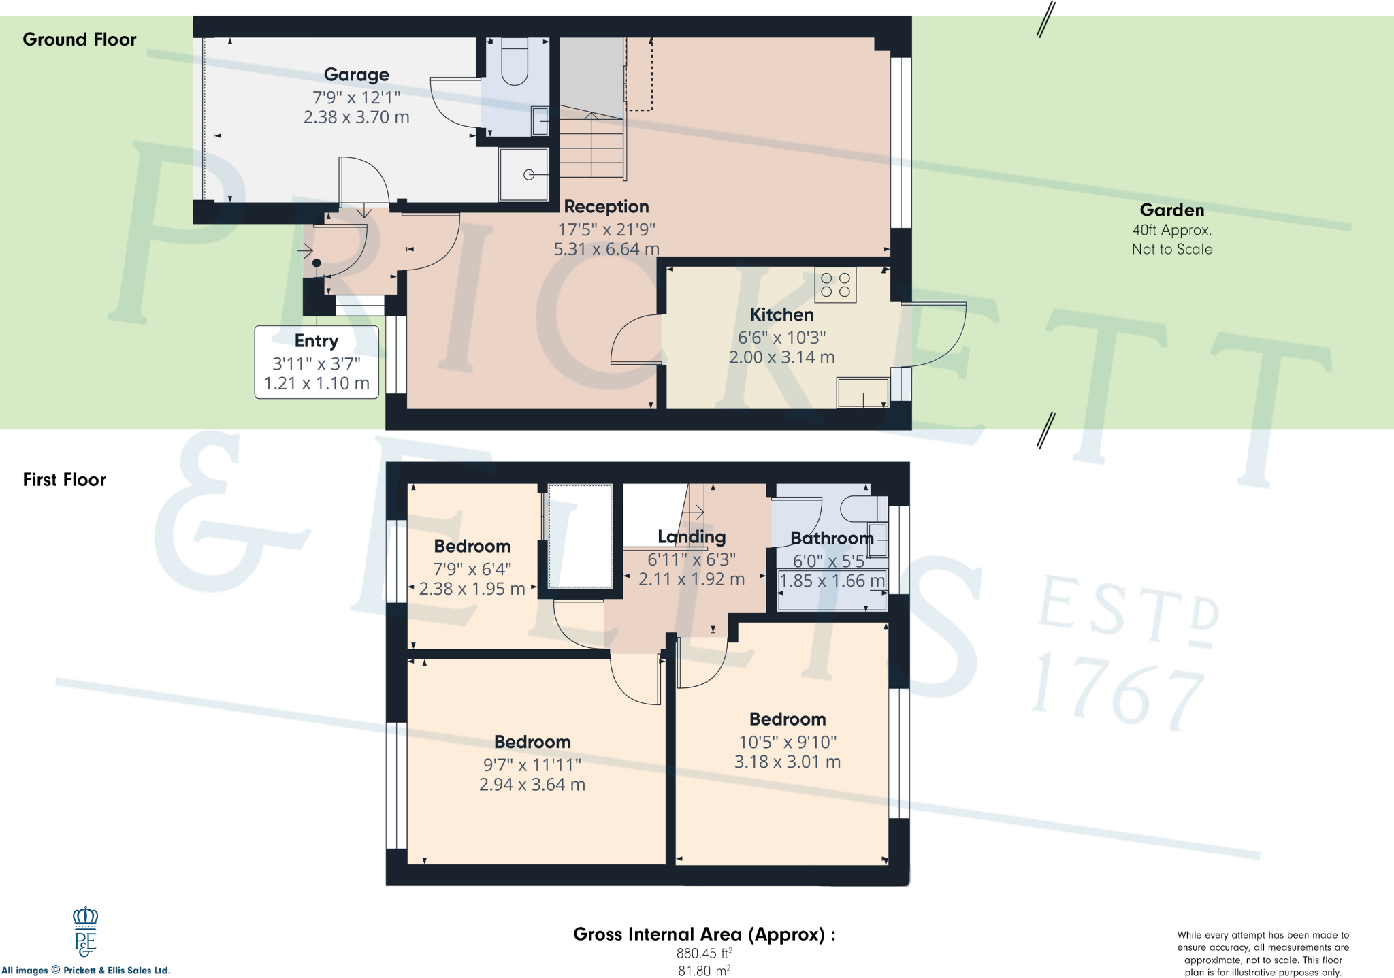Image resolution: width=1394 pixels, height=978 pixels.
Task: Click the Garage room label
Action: coord(356,74)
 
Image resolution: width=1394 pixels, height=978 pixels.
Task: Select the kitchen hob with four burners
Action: coord(835,284)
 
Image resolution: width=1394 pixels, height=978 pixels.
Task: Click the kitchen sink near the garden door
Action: coord(862,393)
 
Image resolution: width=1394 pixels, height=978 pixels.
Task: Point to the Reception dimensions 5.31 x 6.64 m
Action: coord(606,249)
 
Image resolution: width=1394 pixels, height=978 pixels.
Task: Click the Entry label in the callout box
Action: coord(316,340)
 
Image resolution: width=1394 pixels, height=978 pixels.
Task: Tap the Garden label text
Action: coord(1171,210)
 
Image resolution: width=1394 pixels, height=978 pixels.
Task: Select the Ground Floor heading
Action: coord(79,39)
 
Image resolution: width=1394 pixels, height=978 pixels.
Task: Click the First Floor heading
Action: coord(65,480)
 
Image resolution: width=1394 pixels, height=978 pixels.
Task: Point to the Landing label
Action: coord(691,537)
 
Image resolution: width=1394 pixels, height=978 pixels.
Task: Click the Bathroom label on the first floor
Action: coord(831,538)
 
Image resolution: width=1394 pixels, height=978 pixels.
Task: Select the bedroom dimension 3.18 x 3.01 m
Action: coord(787,762)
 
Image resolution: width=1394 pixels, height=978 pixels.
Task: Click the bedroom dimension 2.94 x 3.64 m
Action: coord(532,785)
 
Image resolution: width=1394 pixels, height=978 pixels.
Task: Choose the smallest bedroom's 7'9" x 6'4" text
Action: coord(472,569)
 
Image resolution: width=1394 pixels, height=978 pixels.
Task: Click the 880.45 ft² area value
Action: coord(704,953)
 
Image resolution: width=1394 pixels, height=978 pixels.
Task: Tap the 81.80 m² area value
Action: coord(704,971)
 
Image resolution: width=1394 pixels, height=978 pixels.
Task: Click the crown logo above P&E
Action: coord(85,916)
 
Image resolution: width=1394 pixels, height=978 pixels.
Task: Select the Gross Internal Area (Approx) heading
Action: coord(704,934)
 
